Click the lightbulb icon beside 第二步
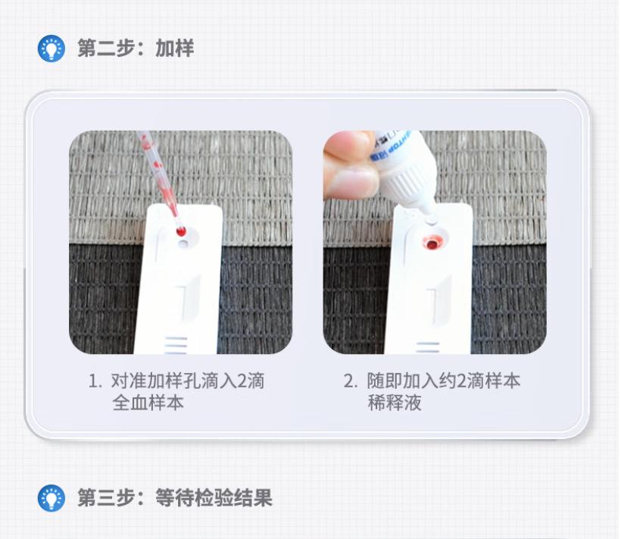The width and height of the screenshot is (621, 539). point(51,49)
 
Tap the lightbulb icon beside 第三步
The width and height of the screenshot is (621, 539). point(51,498)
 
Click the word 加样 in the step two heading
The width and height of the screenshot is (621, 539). point(175,49)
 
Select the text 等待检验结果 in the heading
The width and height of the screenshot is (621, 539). point(214,498)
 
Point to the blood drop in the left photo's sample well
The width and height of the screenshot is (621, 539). point(182,231)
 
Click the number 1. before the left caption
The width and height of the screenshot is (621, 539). point(95,381)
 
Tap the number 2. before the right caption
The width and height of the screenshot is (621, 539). point(350,381)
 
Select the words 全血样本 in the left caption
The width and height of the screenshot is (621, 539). point(148,403)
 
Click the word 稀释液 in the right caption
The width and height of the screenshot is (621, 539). point(394,403)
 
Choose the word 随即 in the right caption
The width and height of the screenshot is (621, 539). point(384,381)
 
